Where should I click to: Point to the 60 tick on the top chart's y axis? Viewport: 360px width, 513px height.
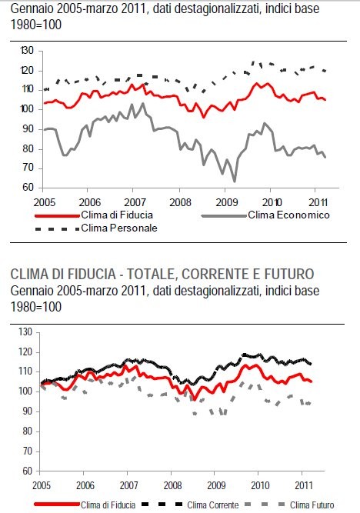[x=28, y=187]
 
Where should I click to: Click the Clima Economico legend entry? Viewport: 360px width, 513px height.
[x=289, y=215]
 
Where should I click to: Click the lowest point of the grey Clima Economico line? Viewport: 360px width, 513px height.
[x=234, y=182]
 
